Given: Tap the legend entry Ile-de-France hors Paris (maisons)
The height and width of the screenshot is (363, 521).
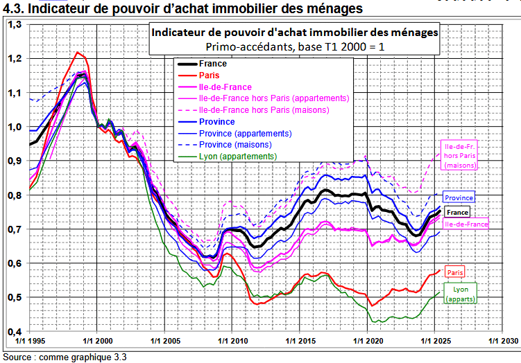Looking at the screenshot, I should coord(264,109).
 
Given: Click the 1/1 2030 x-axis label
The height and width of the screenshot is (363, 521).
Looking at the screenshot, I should coord(502,342).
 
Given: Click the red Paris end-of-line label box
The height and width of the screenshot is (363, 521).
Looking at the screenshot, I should coord(454,272).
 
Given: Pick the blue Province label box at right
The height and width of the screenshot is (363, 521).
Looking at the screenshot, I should coord(459,197).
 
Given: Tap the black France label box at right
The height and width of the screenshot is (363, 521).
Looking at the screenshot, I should coord(457,213).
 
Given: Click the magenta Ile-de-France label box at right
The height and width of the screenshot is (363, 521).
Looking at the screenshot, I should coord(466,224).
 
